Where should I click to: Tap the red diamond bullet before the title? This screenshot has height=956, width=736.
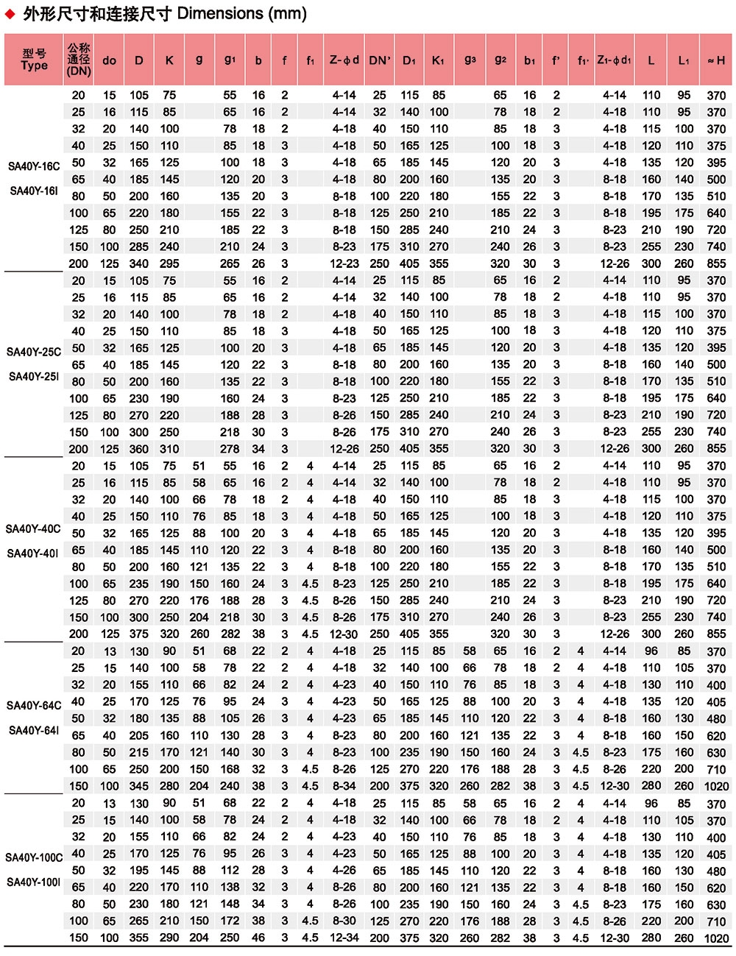tap(10, 14)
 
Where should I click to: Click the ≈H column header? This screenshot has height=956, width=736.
tap(715, 60)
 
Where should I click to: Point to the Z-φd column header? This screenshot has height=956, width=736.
tap(344, 60)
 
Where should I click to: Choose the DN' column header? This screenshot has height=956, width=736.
tap(380, 60)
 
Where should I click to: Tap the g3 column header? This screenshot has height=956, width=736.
tap(470, 60)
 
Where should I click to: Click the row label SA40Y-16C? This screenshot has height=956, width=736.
tap(34, 166)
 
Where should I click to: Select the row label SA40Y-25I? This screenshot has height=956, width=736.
tap(34, 377)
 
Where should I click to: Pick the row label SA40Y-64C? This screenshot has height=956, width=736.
tap(34, 705)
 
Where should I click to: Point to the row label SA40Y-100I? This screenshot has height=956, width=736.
tap(34, 882)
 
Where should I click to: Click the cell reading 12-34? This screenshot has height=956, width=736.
tap(344, 938)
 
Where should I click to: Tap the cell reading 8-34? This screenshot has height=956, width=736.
tap(344, 786)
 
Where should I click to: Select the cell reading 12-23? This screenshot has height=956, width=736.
tap(344, 263)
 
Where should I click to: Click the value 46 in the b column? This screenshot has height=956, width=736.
tap(258, 938)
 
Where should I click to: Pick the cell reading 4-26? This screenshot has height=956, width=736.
tap(344, 871)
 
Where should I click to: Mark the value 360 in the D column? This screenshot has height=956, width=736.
tap(139, 449)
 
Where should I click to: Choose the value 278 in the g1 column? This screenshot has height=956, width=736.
tap(230, 449)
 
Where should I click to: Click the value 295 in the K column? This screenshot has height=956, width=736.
tap(169, 263)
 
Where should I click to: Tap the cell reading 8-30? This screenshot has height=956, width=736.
tap(344, 921)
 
